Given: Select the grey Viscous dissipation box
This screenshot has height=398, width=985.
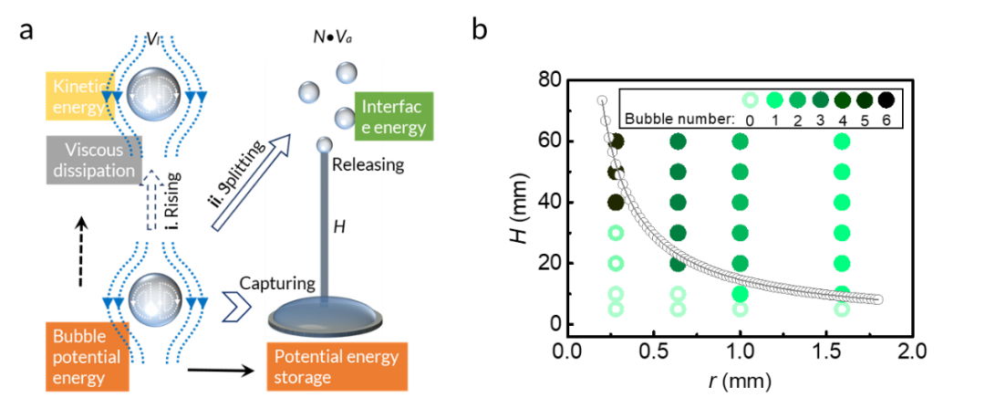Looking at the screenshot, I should click(x=93, y=160).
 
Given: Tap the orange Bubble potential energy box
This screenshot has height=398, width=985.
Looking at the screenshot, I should click(x=87, y=357).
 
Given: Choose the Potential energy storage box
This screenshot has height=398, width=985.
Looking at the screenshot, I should click(x=337, y=365).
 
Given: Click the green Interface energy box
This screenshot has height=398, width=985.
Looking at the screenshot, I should click(x=394, y=117).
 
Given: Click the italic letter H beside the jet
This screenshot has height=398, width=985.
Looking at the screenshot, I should click(x=338, y=226).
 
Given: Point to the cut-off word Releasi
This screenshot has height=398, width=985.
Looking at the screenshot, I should click(x=358, y=165).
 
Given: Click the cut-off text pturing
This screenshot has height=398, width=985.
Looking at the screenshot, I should click(x=290, y=283).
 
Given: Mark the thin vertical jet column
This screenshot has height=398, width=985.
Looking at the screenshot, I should click(x=324, y=228).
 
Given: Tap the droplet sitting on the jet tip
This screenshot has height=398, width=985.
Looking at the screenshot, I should click(x=324, y=145).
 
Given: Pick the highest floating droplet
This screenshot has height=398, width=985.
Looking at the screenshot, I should click(x=347, y=71).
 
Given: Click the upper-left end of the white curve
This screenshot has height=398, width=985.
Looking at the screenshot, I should click(x=602, y=100).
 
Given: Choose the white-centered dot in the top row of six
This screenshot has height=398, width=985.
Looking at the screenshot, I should click(x=751, y=99).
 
